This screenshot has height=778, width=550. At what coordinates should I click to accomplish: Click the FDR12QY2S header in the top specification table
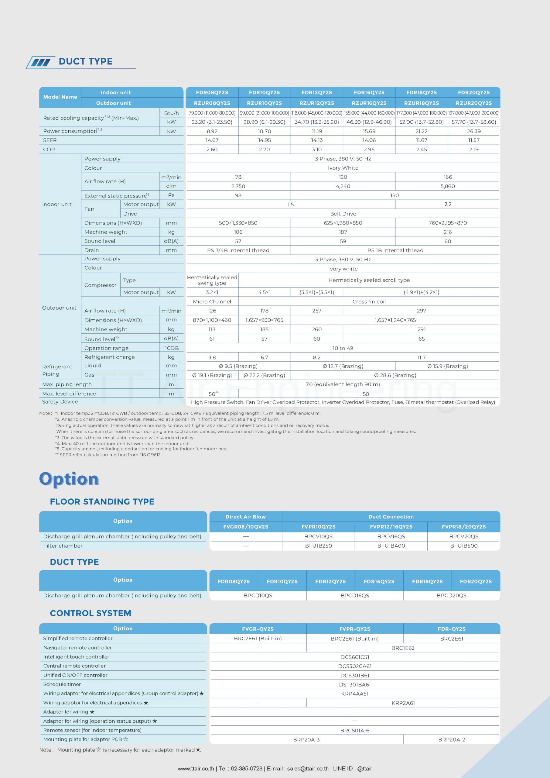pos(317,92)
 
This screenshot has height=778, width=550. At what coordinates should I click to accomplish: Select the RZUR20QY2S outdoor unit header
pos(473,103)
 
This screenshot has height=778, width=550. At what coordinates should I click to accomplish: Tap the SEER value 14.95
pos(264,140)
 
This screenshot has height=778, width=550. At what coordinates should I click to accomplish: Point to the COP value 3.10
pos(317,150)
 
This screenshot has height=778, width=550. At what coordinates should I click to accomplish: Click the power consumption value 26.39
pos(473,131)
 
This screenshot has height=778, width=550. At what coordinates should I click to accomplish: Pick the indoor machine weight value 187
pos(343,232)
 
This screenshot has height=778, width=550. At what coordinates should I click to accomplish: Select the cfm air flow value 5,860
pos(447,186)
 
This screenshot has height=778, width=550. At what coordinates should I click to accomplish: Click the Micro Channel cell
pos(212,301)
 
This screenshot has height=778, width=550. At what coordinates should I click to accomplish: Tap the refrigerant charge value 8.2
pos(317,357)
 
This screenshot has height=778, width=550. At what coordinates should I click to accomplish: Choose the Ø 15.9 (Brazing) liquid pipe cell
pos(447,366)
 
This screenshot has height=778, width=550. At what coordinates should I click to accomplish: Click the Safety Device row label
pos(60,402)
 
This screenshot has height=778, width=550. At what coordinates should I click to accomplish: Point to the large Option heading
pos(69,479)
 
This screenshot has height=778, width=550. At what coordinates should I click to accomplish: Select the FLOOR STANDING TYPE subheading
pos(102,501)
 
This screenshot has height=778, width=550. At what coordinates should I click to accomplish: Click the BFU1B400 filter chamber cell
pos(391,546)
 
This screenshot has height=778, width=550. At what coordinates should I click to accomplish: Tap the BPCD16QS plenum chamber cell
pos(355,595)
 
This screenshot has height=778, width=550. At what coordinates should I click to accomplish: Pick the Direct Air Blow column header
pos(245,517)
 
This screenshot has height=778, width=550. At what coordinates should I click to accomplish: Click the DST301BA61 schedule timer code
pos(355,684)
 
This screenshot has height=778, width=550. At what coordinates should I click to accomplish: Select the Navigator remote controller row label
pos(77,648)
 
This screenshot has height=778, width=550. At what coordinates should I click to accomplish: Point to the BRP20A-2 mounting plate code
pos(451,740)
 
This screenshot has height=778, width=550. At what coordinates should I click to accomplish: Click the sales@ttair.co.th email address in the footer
pos(308,769)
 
